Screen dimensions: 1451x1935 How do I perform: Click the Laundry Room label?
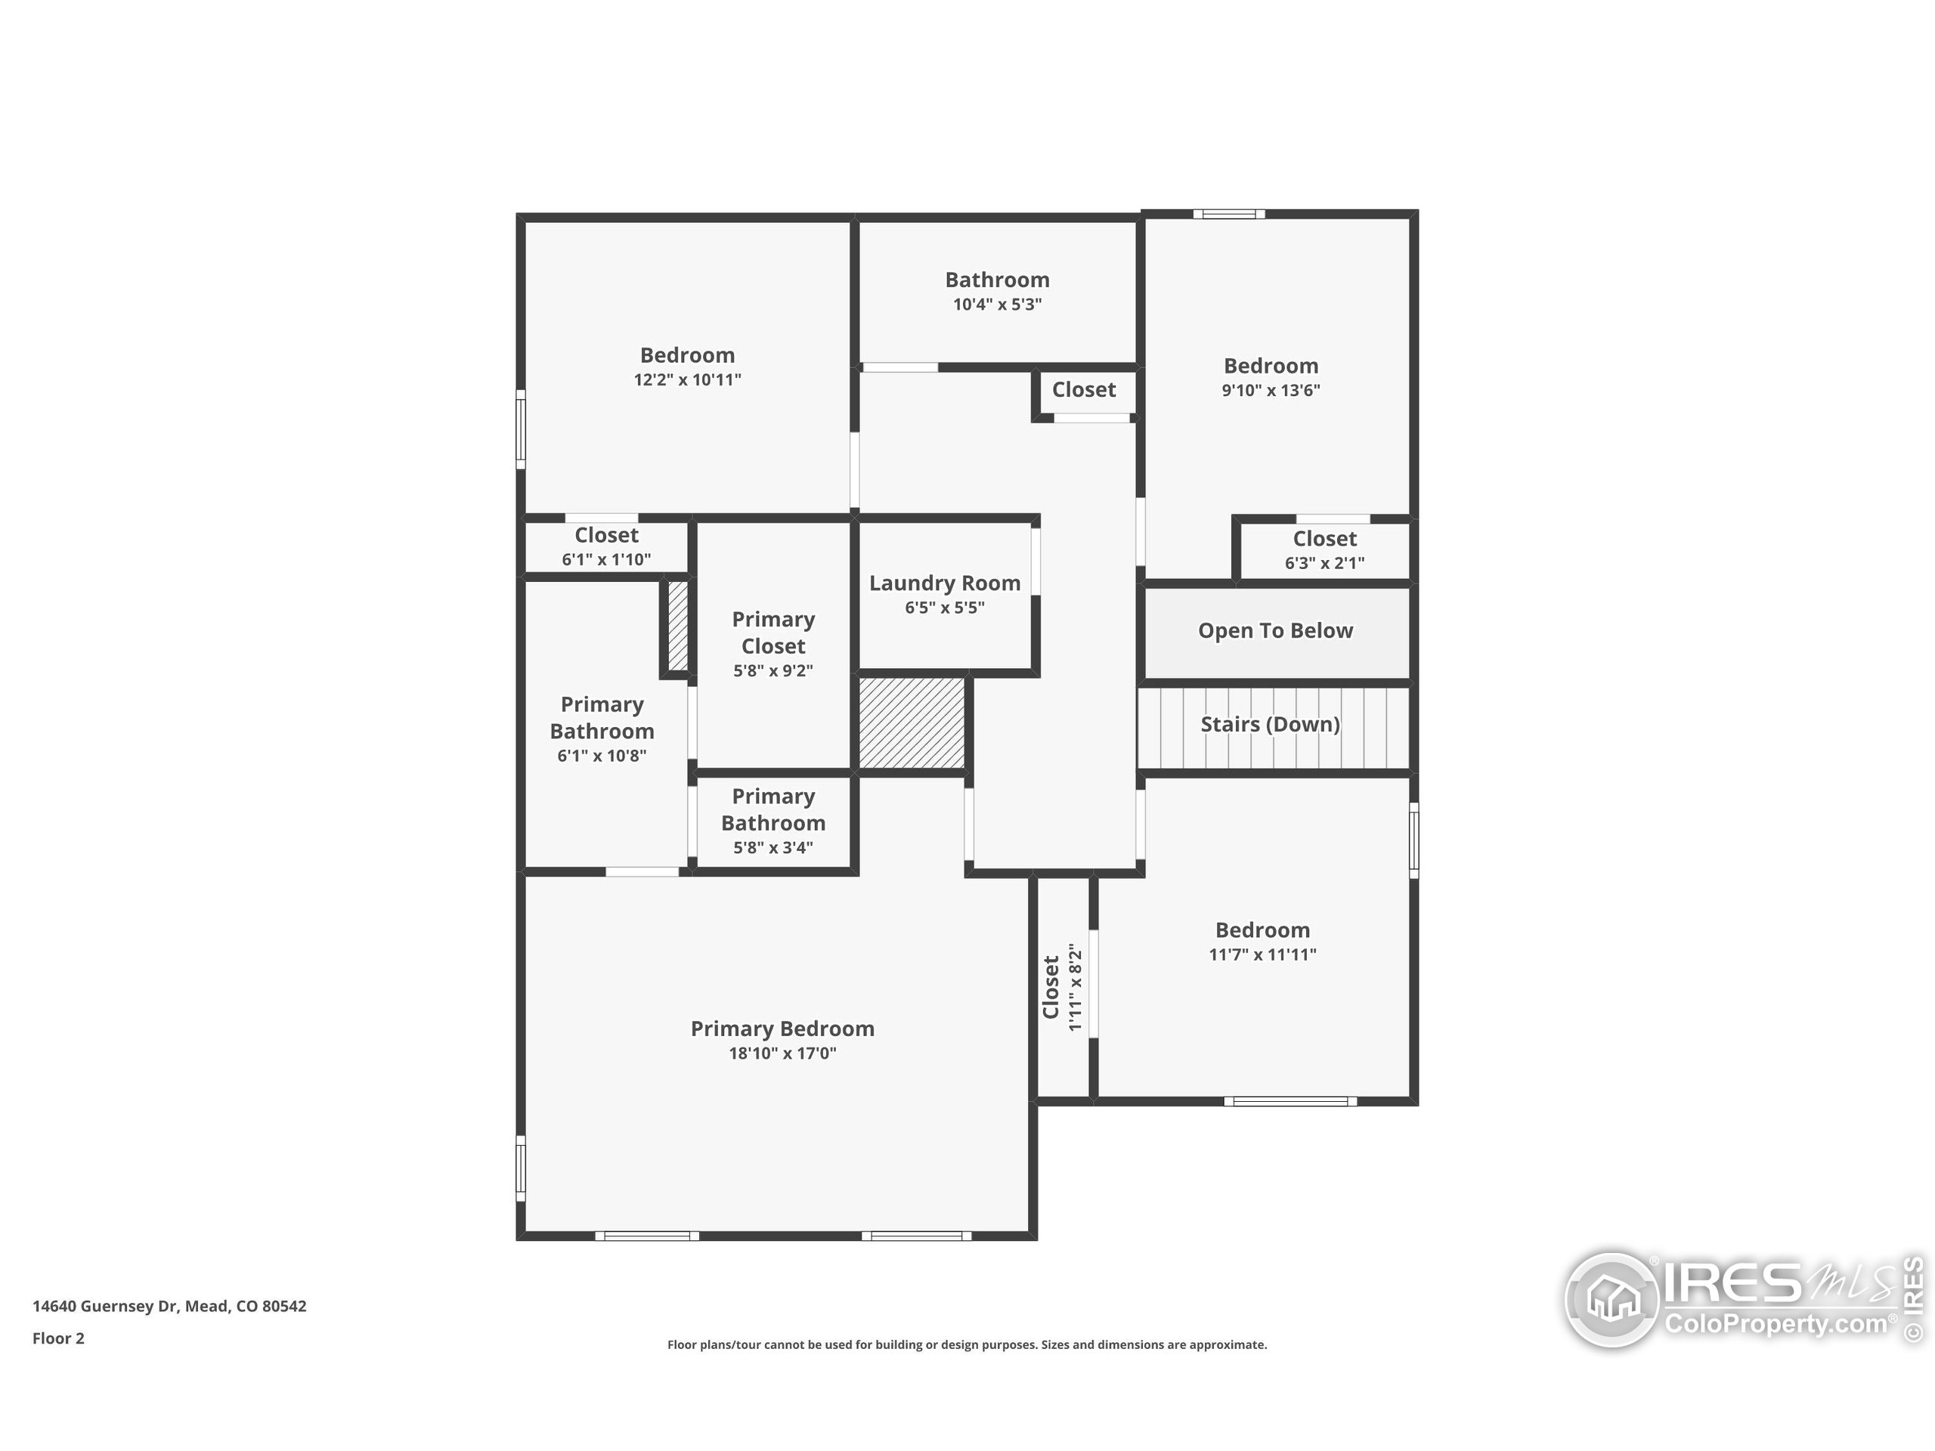pos(944,583)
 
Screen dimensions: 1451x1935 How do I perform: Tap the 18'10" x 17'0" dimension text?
pos(782,1053)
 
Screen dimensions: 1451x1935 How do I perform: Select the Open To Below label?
pos(1274,630)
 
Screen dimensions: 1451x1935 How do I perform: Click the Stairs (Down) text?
pos(1269,724)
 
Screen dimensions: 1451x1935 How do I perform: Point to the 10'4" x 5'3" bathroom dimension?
pos(996,305)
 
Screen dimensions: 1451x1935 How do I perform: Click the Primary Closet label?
pos(772,633)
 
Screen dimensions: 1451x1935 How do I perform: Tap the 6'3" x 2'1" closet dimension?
pos(1324,563)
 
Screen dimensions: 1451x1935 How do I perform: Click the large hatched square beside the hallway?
pos(911,723)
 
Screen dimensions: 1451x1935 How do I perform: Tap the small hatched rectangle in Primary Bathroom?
pos(678,624)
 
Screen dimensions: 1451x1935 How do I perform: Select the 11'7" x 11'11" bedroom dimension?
pos(1262,954)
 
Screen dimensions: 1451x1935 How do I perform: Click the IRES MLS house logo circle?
pos(1612,1300)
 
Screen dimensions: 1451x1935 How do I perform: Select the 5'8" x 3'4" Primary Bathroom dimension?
pos(772,847)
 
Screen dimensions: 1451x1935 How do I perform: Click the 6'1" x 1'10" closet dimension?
pos(605,560)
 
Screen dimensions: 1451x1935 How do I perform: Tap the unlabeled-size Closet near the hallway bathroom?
pos(1083,390)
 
